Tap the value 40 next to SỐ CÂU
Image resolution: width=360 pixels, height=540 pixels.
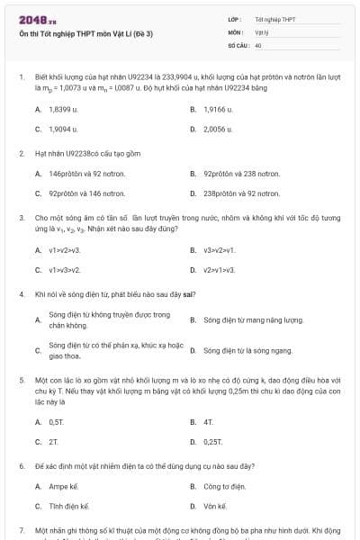click(258, 44)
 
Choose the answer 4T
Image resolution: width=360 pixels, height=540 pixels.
click(208, 421)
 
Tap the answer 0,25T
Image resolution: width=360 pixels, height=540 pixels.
click(213, 441)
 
